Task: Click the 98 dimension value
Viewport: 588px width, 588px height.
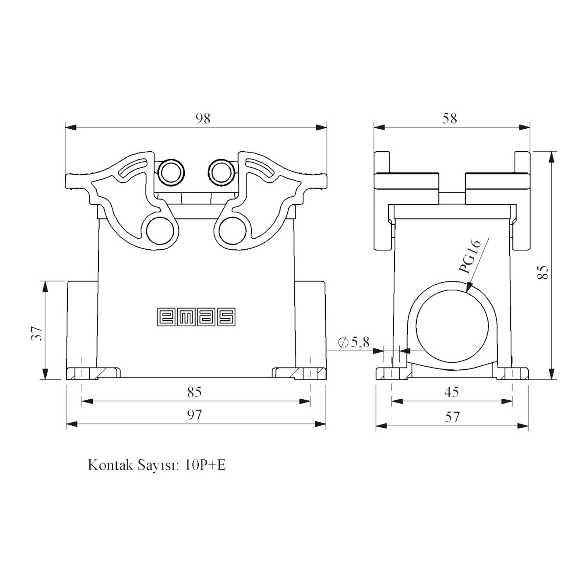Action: click(x=203, y=118)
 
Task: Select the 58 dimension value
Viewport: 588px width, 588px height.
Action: click(x=450, y=118)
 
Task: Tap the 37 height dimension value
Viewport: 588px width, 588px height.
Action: click(x=37, y=333)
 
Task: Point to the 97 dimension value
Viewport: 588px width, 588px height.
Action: click(x=194, y=415)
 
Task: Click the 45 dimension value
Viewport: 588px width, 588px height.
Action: click(x=452, y=392)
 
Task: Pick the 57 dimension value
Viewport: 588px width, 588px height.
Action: click(x=452, y=416)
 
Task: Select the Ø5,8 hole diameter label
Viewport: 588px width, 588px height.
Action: click(x=354, y=343)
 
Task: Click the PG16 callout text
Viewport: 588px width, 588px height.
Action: click(x=470, y=257)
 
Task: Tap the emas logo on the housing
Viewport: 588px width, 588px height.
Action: click(x=196, y=317)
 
